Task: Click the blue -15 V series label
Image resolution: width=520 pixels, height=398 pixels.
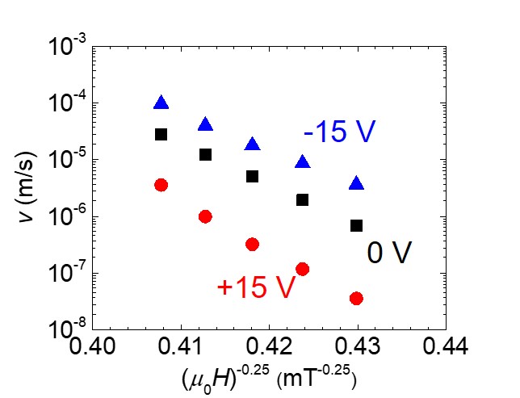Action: pos(340,132)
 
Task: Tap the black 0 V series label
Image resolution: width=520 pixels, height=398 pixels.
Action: pos(390,253)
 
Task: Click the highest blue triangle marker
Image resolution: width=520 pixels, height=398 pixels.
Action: pos(161,103)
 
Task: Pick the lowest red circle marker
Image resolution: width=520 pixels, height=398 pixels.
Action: pos(356,299)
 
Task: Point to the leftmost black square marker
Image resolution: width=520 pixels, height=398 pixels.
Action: pos(161,134)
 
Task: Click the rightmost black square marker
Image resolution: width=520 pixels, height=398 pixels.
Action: pos(356,225)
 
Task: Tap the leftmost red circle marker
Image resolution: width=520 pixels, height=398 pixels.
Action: pos(161,185)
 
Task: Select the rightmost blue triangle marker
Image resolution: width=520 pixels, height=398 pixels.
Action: pos(356,184)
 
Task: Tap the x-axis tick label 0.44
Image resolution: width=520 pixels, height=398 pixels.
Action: pos(446,348)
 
